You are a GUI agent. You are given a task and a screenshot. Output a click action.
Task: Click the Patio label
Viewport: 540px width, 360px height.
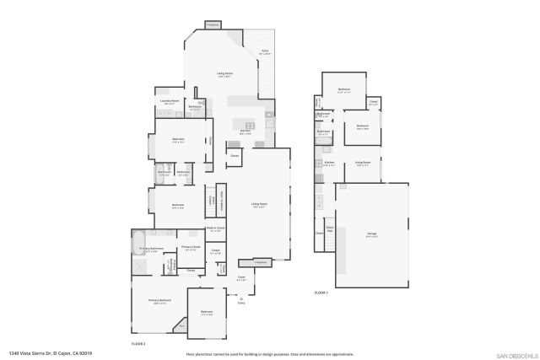click(x=264, y=52)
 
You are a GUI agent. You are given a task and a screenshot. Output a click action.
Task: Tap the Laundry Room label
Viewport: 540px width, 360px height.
click(x=168, y=102)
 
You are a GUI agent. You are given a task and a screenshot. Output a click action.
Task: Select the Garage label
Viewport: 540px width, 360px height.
click(x=371, y=234)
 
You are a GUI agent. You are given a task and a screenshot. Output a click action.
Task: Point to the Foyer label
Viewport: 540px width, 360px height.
click(x=241, y=277)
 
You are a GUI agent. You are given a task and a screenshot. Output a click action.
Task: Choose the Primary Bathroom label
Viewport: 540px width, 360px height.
click(x=150, y=249)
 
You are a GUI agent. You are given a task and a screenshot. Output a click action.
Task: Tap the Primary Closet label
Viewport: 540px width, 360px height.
click(x=190, y=248)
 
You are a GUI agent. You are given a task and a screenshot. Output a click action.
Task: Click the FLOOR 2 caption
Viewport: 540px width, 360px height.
click(x=139, y=344)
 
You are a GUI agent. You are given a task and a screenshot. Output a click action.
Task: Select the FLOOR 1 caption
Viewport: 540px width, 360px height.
click(x=321, y=292)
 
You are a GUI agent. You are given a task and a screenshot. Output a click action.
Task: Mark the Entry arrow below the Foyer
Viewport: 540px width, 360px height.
click(x=241, y=297)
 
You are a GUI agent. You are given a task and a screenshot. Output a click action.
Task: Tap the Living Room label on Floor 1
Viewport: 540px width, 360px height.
click(x=363, y=164)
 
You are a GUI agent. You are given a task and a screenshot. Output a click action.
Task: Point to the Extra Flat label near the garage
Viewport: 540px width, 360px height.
click(x=331, y=228)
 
